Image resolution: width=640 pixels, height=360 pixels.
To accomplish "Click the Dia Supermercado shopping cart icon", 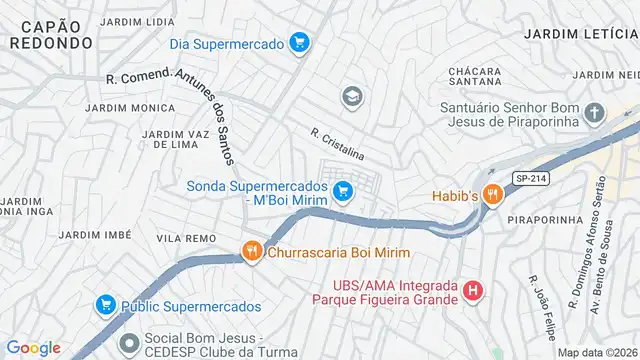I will (298, 42).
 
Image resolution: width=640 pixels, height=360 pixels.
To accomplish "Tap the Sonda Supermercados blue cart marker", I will (343, 190).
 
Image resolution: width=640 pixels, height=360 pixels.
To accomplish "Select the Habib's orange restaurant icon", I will (491, 195).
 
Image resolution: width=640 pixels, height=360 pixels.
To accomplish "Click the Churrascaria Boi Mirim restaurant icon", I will (252, 252).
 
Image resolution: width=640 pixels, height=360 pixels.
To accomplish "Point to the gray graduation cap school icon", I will (351, 96).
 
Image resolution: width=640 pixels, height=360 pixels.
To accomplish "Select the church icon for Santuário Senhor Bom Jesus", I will (594, 113).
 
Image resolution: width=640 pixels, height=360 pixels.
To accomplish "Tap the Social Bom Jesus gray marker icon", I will (129, 344).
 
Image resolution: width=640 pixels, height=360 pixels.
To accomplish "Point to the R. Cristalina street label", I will (337, 145).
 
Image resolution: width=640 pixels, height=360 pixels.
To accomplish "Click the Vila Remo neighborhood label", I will (186, 238).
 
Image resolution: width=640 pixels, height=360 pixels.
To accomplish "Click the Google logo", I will (33, 347).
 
